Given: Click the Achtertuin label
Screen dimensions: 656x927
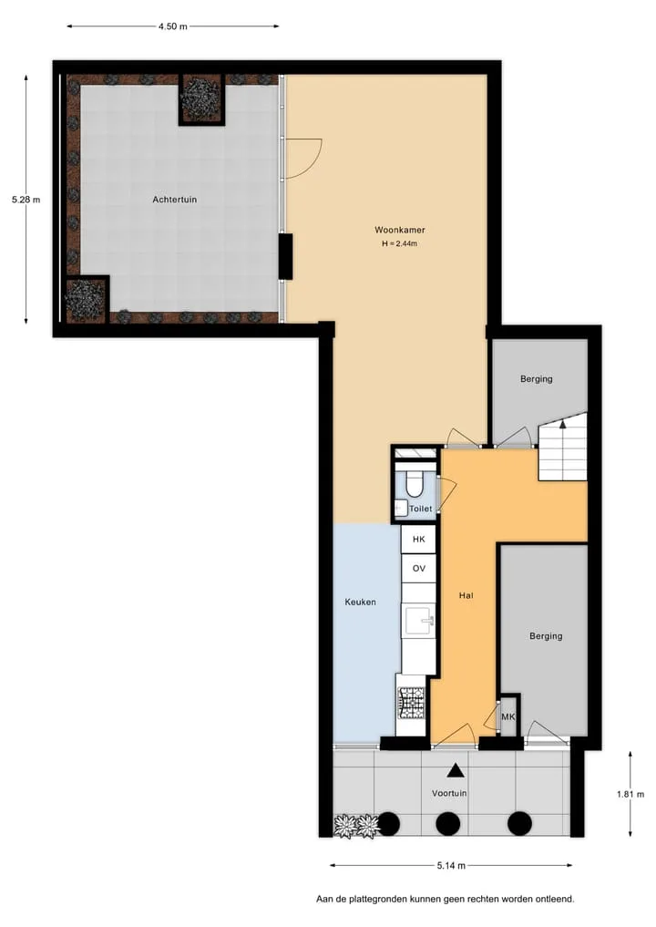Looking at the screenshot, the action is (x=174, y=200).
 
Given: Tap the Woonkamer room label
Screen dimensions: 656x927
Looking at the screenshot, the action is (x=399, y=230).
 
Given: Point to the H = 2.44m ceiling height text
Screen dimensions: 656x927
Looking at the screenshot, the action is (x=399, y=243).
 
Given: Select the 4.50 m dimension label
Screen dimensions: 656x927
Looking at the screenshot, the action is (x=172, y=26).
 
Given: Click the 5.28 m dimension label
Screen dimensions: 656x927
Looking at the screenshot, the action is (x=26, y=200).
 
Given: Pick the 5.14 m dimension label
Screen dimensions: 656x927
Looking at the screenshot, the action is (x=451, y=866).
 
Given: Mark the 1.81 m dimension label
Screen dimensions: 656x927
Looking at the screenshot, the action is (x=630, y=795).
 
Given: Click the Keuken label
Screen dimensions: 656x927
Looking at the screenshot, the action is (x=361, y=603).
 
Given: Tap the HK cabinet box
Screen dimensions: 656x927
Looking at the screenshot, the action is (x=419, y=540).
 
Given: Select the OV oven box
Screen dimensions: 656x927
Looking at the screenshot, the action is (x=419, y=569).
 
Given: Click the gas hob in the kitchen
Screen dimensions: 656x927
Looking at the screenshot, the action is (x=412, y=704).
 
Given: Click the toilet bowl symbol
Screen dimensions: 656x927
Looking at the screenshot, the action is (x=415, y=484).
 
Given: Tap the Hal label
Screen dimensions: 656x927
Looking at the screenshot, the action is (x=466, y=596).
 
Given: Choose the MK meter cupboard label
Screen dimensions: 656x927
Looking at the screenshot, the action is (x=508, y=717).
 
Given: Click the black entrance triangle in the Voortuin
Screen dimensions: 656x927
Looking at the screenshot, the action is (x=455, y=770).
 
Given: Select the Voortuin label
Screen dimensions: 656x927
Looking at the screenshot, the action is (x=449, y=793).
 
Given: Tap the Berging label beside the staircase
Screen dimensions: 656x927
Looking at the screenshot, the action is (x=537, y=379).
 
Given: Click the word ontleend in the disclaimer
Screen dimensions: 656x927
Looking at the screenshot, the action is (x=555, y=900).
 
